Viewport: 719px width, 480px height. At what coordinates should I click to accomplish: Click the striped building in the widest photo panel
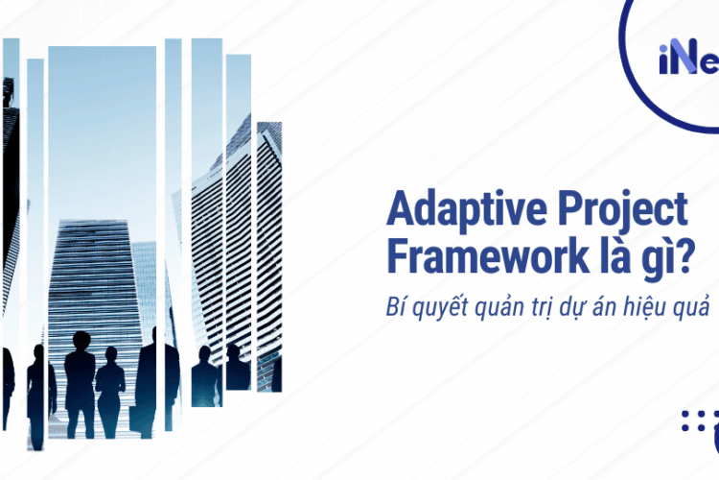point(96,278)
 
